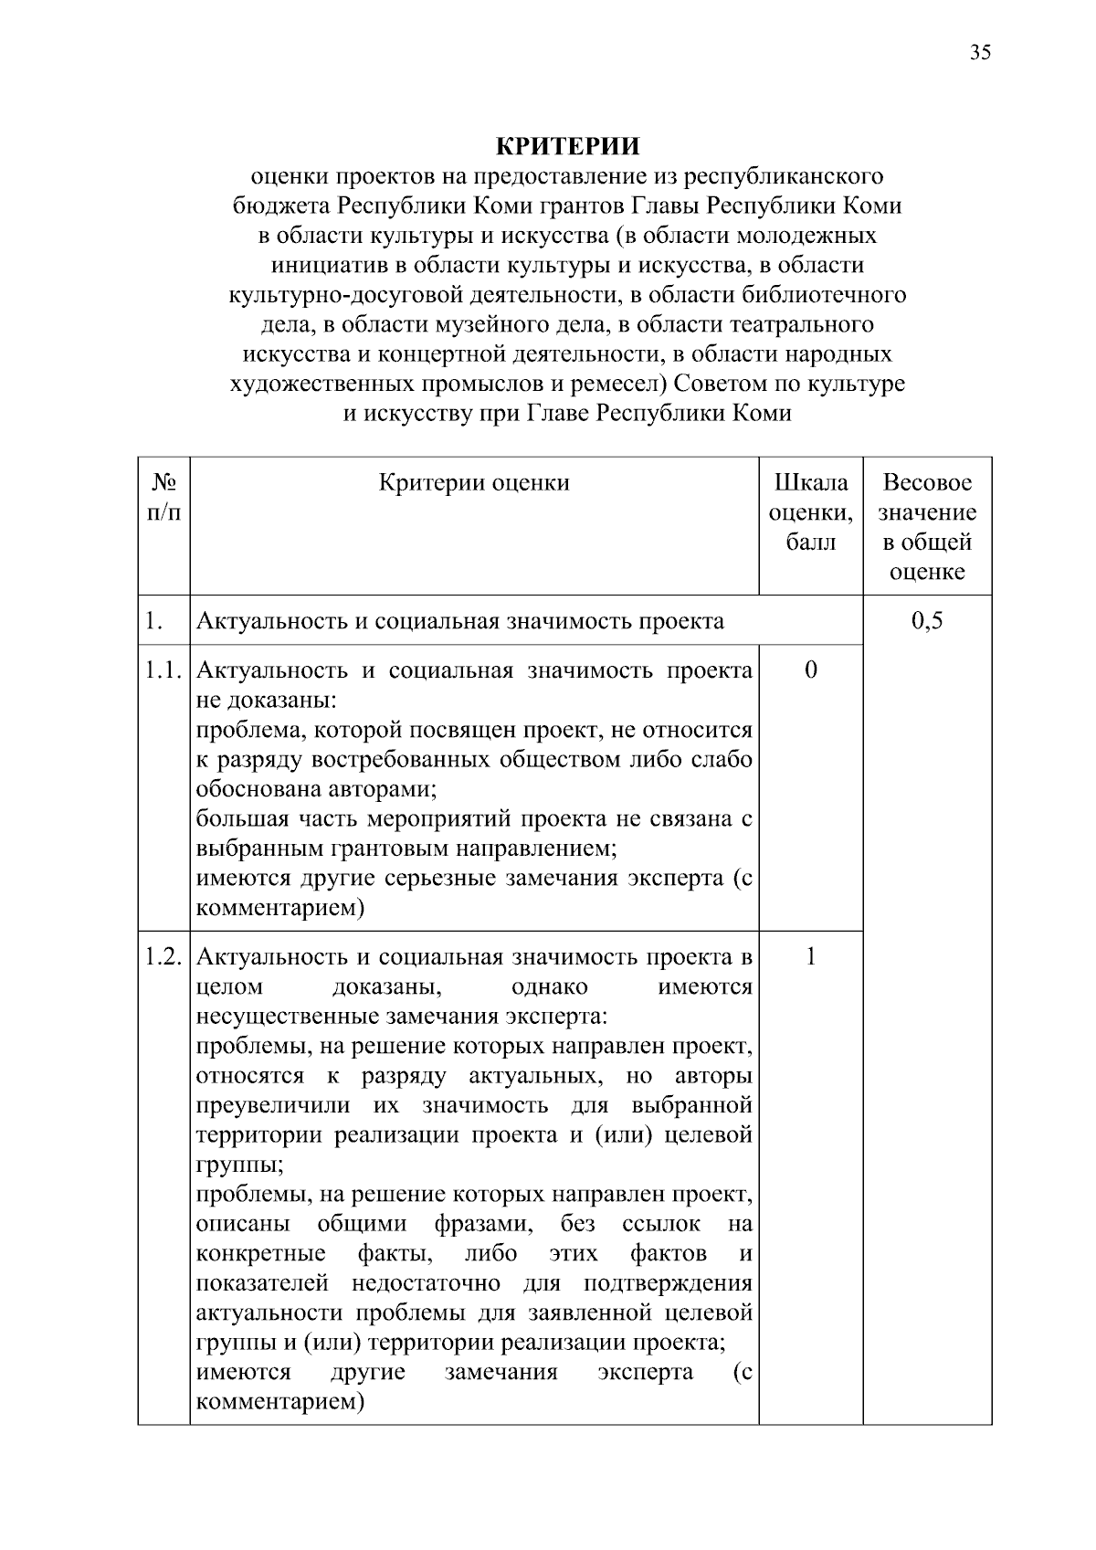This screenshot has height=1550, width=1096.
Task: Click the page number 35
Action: (979, 52)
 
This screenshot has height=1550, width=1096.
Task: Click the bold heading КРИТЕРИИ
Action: (567, 146)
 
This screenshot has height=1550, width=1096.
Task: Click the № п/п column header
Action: (163, 497)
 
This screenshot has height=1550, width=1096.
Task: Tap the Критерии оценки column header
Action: (474, 482)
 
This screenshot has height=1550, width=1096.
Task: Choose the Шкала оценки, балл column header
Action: (810, 511)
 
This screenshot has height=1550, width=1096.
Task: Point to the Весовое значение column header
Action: (927, 527)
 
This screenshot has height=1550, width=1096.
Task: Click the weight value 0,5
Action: (927, 622)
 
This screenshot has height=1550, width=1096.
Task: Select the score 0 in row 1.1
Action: (810, 670)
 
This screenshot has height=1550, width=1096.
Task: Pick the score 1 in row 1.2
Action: (810, 956)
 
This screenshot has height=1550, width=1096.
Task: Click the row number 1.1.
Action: (163, 670)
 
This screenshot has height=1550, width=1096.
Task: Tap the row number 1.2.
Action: (163, 956)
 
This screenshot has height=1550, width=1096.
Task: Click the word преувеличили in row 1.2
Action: (273, 1105)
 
